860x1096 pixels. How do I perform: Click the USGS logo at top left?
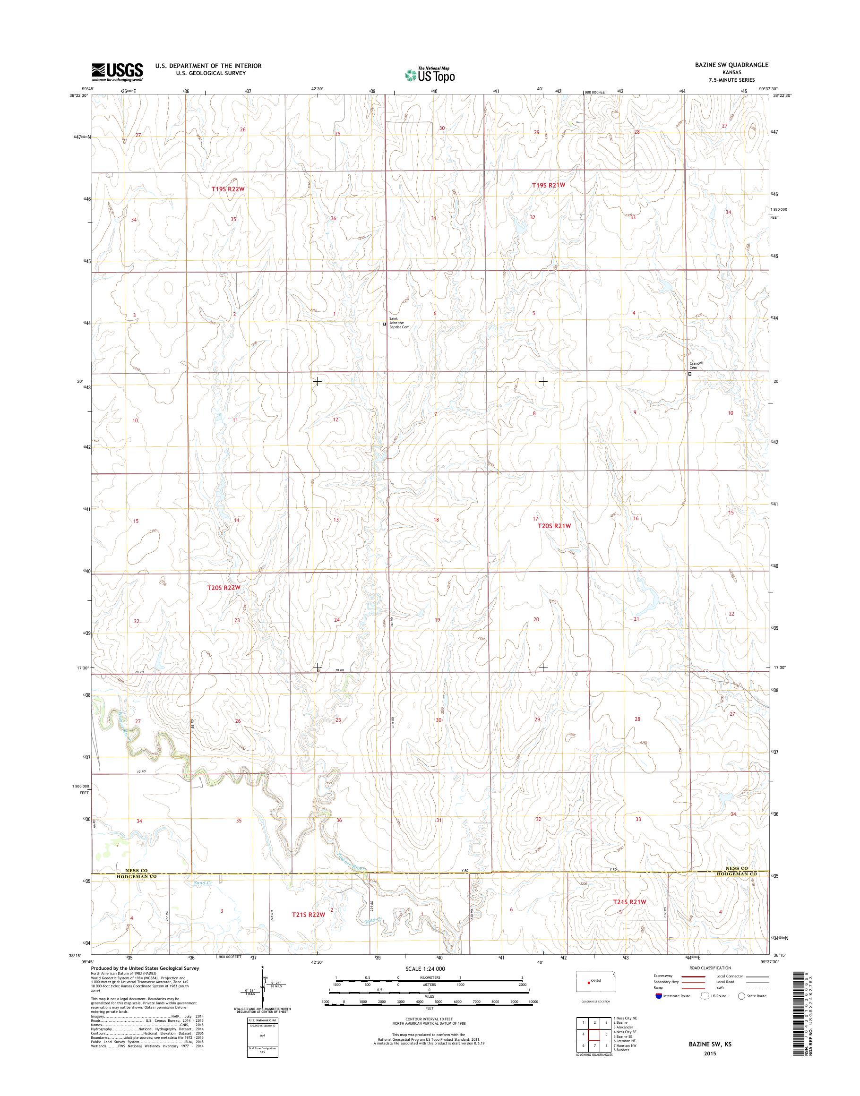pos(117,72)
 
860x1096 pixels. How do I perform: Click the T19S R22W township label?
pos(228,189)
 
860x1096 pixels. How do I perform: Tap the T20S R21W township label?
pos(555,526)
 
